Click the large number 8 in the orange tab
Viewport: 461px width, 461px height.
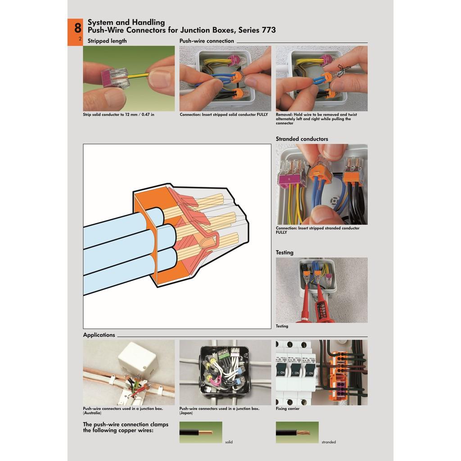pyautogui.click(x=77, y=28)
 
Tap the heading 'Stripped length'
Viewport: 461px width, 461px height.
pyautogui.click(x=107, y=41)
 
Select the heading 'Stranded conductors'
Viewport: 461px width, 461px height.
pyautogui.click(x=302, y=139)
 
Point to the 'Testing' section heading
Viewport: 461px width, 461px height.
pyautogui.click(x=285, y=252)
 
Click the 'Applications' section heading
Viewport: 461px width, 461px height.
pyautogui.click(x=99, y=335)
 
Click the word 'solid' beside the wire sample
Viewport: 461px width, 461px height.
pyautogui.click(x=229, y=442)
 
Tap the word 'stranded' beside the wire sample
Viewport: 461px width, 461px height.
pyautogui.click(x=328, y=442)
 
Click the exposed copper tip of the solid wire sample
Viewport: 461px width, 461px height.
pyautogui.click(x=206, y=433)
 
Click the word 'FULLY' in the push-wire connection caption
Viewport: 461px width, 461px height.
pyautogui.click(x=262, y=115)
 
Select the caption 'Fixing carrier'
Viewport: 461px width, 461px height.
pyautogui.click(x=287, y=409)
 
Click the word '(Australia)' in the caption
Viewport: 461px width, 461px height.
pyautogui.click(x=92, y=413)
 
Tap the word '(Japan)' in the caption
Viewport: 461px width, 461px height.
pyautogui.click(x=186, y=413)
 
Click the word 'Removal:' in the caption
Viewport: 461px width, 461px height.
pyautogui.click(x=285, y=115)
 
